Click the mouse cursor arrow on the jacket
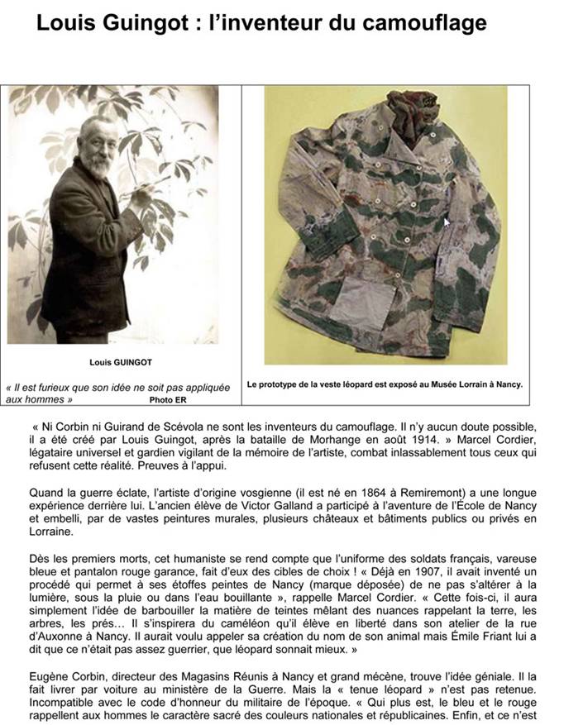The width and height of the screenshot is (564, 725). [447, 222]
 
